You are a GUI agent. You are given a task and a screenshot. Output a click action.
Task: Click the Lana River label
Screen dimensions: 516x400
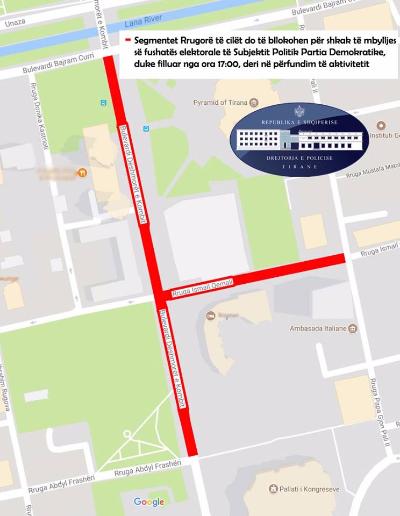[143, 22]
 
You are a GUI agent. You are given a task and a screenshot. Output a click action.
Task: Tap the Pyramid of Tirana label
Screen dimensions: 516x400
[220, 103]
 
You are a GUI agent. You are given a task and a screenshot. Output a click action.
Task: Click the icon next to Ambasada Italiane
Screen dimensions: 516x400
[353, 328]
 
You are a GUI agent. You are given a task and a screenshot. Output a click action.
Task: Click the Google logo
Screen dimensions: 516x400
[149, 502]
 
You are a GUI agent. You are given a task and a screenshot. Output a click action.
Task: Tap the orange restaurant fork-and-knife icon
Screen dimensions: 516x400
[82, 173]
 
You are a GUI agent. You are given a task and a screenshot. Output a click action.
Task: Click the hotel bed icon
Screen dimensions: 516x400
[210, 315]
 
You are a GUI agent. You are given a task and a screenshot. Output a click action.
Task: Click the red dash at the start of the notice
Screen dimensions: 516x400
[128, 41]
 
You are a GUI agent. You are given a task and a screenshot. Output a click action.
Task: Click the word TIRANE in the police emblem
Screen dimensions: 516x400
[299, 167]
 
